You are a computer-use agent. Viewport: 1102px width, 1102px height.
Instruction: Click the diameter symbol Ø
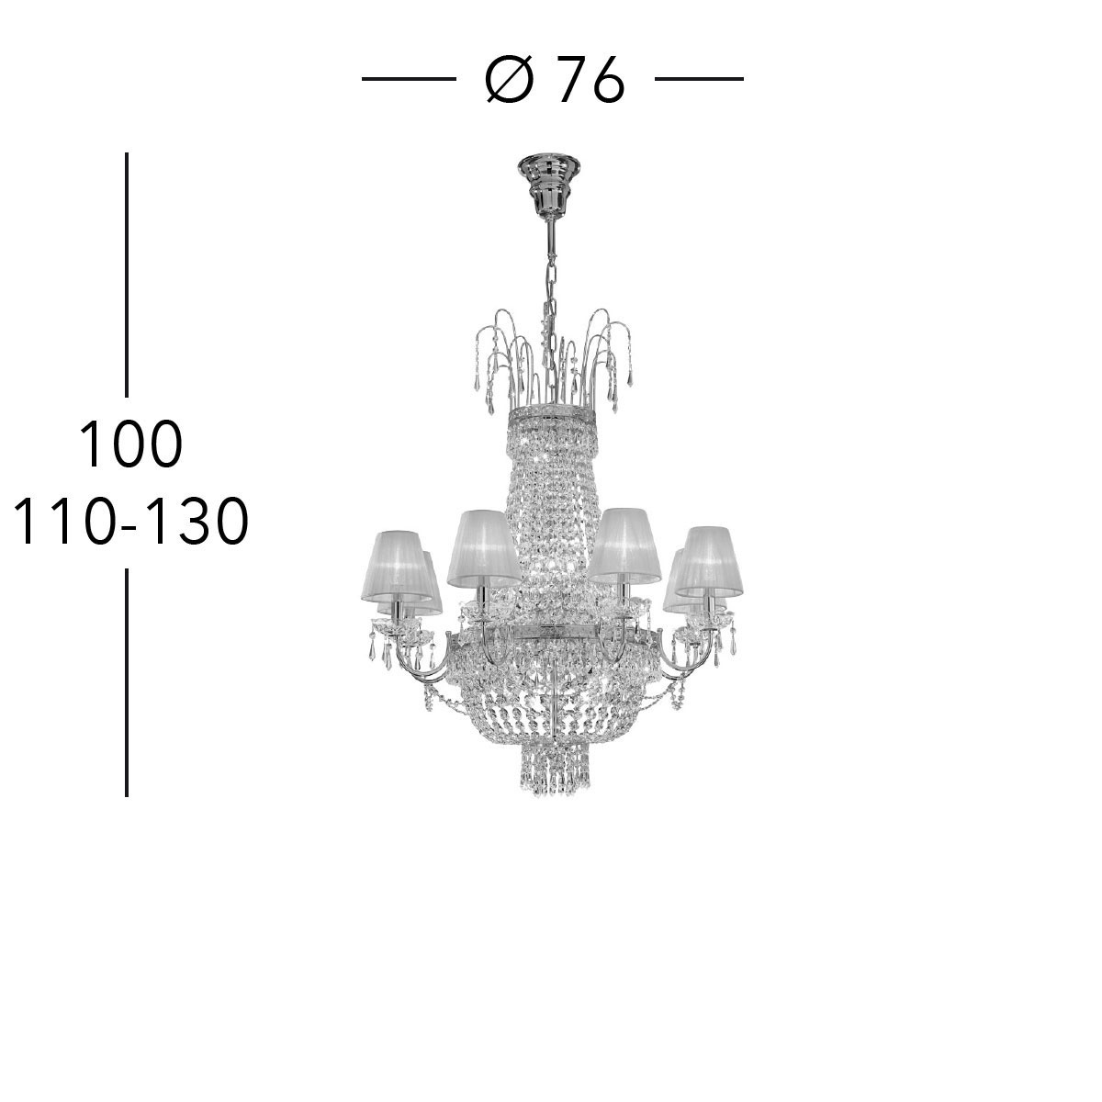(509, 80)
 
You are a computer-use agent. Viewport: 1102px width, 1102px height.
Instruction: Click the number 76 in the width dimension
(590, 80)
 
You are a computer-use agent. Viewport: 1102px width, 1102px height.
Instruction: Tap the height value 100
(131, 444)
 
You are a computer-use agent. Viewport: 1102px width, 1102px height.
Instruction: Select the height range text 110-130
(131, 521)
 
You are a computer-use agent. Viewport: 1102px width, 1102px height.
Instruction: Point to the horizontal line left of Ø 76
(409, 79)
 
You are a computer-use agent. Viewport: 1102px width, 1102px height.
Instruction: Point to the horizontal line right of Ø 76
(699, 79)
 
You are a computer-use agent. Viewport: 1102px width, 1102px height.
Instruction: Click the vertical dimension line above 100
(127, 275)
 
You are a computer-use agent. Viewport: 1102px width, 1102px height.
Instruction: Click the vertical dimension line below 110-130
(127, 682)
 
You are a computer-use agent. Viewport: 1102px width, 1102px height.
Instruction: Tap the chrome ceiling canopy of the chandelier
(548, 185)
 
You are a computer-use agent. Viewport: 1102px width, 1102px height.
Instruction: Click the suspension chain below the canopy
(550, 286)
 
